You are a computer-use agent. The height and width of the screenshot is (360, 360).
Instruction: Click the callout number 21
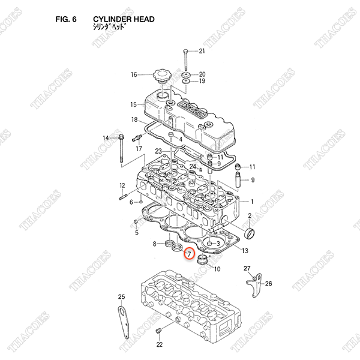[x=202, y=50]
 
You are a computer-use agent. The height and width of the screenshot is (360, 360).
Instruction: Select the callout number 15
[x=134, y=104]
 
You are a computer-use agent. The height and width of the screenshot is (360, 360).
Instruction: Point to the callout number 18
[x=134, y=120]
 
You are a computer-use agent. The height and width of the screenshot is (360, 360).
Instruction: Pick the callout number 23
[x=158, y=151]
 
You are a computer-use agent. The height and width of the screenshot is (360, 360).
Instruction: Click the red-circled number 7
[x=189, y=254]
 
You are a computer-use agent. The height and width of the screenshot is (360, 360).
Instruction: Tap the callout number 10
[x=217, y=269]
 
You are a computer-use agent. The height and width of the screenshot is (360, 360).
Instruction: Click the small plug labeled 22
[x=159, y=332]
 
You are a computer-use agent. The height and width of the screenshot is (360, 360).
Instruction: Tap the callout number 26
[x=269, y=284]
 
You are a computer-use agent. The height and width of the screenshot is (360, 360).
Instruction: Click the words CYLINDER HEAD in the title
[x=124, y=19]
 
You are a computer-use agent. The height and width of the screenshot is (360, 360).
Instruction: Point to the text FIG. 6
[x=65, y=19]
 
